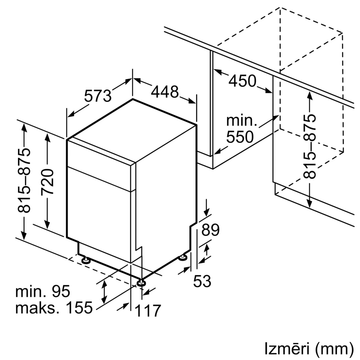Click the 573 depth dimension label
[x=98, y=96]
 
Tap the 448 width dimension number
[x=165, y=92]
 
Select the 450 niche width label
[x=242, y=81]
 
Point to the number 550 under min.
[x=239, y=137]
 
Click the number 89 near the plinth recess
[x=210, y=230]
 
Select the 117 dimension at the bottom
[x=148, y=311]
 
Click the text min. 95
[x=42, y=291]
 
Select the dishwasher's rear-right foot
[x=183, y=257]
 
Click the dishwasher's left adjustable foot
[x=86, y=259]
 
